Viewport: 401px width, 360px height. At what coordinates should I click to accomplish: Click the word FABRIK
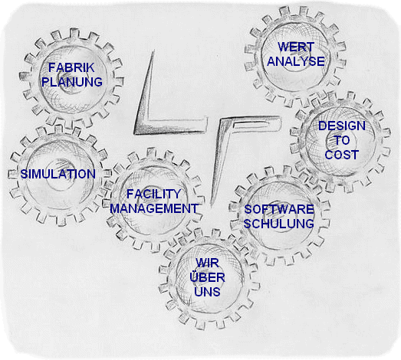(x=71, y=67)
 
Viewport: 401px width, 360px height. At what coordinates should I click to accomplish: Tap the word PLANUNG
(x=72, y=82)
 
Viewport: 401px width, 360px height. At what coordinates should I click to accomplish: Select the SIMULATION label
(x=58, y=174)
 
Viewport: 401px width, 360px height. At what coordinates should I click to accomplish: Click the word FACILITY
(x=153, y=195)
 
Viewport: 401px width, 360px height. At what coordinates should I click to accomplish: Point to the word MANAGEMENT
(x=154, y=208)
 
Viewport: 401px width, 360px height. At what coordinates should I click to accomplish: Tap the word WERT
(x=296, y=47)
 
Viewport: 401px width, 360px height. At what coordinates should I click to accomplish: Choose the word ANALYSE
(x=296, y=61)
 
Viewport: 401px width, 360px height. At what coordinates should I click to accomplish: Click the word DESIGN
(x=342, y=126)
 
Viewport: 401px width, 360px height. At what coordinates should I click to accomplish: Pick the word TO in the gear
(x=342, y=140)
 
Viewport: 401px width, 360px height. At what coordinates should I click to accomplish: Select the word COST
(x=342, y=155)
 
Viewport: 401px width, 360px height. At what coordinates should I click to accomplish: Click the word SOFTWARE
(x=279, y=210)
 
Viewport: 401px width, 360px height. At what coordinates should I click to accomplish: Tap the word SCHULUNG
(x=279, y=224)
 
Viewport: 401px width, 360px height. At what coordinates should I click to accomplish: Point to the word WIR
(x=207, y=263)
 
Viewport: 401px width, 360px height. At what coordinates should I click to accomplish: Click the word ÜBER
(x=208, y=277)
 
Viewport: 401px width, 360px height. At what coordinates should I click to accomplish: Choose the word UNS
(x=207, y=292)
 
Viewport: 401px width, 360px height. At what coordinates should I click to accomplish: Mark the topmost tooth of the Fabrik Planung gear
(x=74, y=34)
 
